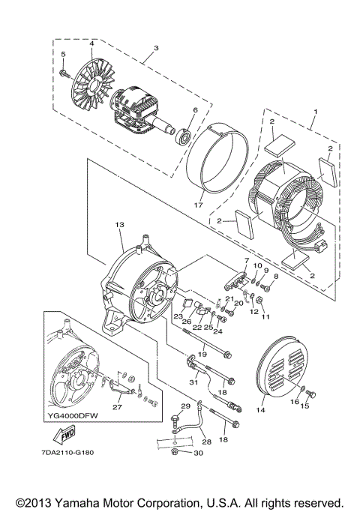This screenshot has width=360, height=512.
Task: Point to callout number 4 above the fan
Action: point(91,44)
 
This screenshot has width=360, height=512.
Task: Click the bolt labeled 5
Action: point(64,72)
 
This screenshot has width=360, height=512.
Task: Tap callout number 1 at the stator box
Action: point(315,112)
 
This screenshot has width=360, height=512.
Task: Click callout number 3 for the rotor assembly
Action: point(156,49)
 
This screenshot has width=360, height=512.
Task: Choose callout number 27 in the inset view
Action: point(116,408)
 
